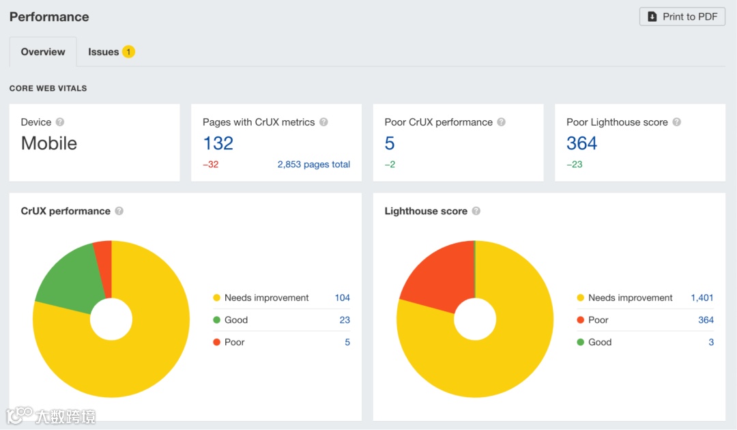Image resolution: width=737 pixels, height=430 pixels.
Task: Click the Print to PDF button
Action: click(x=682, y=17)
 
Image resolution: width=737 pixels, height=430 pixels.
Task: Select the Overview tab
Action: click(x=43, y=52)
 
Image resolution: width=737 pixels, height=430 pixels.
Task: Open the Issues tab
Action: click(x=104, y=52)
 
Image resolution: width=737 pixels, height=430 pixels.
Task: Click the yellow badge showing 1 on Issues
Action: click(x=128, y=52)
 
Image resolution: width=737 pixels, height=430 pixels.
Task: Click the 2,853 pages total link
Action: click(x=314, y=164)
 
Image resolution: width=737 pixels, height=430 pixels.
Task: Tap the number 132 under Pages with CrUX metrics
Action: click(x=218, y=143)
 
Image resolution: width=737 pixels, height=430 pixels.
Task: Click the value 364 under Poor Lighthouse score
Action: click(x=581, y=143)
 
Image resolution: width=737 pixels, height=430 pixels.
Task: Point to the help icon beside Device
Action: click(x=60, y=122)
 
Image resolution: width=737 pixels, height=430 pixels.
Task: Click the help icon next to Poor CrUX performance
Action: click(x=501, y=122)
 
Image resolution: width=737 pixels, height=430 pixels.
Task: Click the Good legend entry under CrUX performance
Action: click(x=236, y=320)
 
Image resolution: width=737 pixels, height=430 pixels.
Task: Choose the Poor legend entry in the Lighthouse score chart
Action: click(x=598, y=320)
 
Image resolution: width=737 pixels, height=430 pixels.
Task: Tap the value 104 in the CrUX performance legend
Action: click(x=342, y=298)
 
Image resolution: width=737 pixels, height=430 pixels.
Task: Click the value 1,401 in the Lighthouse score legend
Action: click(x=702, y=298)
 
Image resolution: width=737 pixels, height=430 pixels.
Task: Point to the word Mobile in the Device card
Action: click(x=49, y=143)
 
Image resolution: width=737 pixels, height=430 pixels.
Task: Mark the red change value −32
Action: click(x=210, y=164)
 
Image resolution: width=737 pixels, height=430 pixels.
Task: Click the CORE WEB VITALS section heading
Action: click(x=48, y=88)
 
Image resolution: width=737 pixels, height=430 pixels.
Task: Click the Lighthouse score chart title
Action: click(x=426, y=211)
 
